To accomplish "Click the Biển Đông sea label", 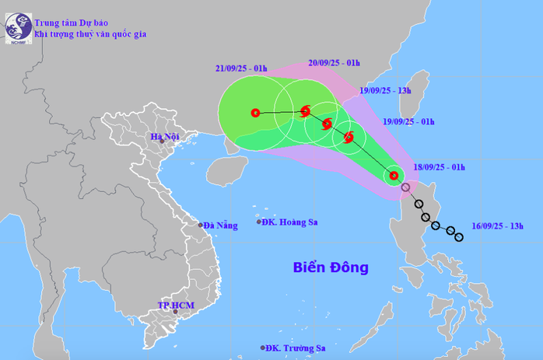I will click(331, 267).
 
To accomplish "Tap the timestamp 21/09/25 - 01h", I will click(241, 68).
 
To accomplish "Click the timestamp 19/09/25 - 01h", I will click(408, 121).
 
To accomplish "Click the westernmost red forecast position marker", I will click(255, 113).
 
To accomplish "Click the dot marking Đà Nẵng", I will click(201, 225).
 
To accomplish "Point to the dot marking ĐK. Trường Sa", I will click(264, 348).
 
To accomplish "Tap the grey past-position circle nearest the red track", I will click(405, 187).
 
